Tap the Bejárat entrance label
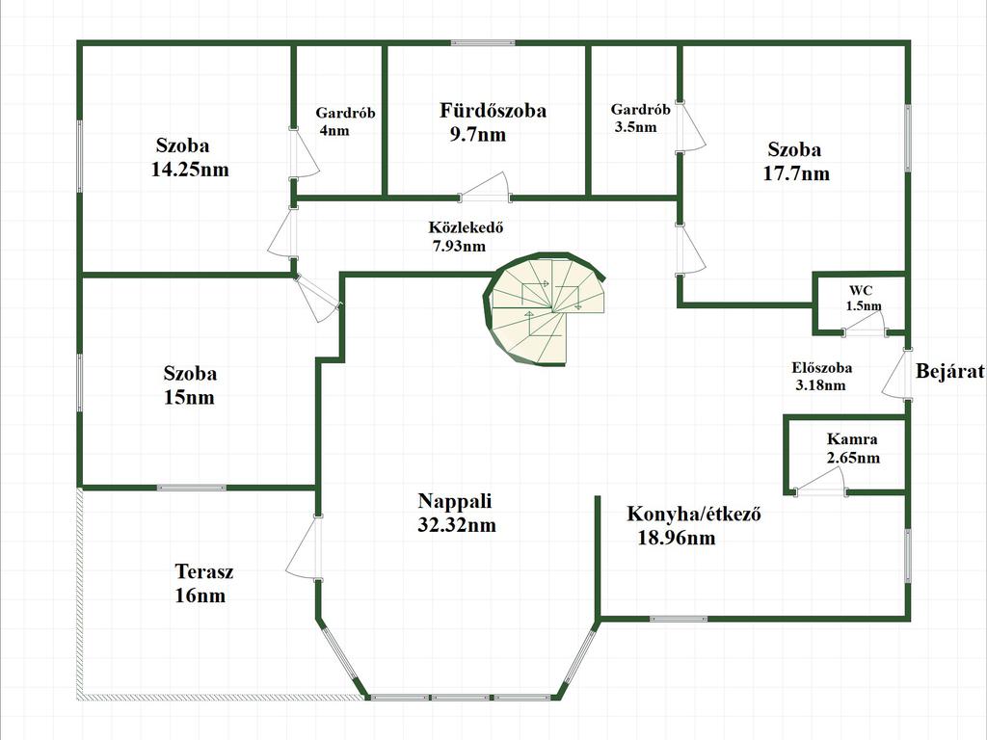(x=949, y=371)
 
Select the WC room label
(x=860, y=290)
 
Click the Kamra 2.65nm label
(x=852, y=448)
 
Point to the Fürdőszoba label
(x=493, y=110)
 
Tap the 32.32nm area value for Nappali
(x=457, y=525)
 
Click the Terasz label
(x=204, y=571)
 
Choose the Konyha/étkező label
(x=694, y=514)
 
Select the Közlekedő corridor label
(x=467, y=228)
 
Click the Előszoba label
(x=821, y=367)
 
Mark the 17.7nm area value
(x=797, y=174)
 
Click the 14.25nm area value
(x=190, y=170)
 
